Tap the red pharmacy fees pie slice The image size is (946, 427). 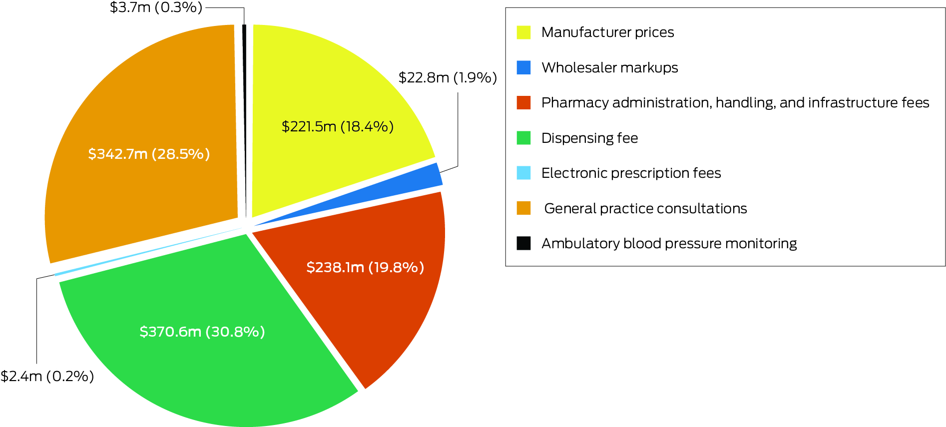click(380, 310)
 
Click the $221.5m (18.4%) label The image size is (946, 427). click(338, 127)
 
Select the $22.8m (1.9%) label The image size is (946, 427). click(448, 78)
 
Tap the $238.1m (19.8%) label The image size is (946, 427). click(365, 268)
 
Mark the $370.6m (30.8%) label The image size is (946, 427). click(202, 332)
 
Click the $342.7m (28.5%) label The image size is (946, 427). click(149, 154)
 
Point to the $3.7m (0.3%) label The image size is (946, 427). click(156, 7)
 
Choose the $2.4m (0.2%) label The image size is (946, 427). click(47, 376)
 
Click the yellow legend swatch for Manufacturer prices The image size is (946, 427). click(523, 32)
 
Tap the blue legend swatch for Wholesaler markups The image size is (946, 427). click(523, 67)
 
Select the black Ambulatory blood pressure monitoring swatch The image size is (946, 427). click(523, 243)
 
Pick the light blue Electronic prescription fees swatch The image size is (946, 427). click(523, 173)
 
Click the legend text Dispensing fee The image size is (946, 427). click(589, 138)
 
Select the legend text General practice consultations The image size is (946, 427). click(645, 208)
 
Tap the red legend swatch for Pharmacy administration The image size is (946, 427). click(523, 103)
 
